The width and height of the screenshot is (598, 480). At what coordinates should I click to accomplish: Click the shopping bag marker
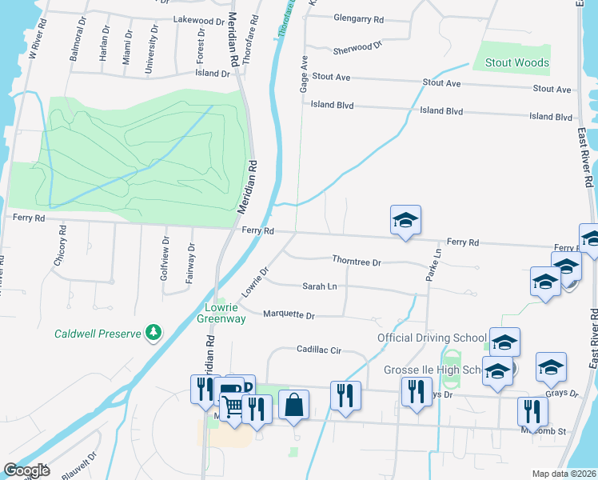click(x=294, y=406)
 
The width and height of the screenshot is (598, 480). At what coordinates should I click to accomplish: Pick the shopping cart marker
click(x=233, y=408)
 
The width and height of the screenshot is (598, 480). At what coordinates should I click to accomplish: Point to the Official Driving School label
click(x=431, y=338)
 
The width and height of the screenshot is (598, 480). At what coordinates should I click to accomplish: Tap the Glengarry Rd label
click(x=359, y=18)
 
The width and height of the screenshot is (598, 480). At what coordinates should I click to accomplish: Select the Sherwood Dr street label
click(x=352, y=48)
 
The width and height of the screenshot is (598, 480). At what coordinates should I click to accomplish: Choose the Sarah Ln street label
click(x=319, y=286)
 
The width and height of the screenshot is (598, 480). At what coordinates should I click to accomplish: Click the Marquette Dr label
click(x=289, y=314)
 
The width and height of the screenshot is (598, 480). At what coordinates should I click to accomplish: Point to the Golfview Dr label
click(x=165, y=250)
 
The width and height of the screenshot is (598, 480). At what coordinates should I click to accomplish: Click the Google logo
click(x=26, y=470)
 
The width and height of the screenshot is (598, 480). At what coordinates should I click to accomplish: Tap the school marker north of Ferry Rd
click(x=405, y=221)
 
